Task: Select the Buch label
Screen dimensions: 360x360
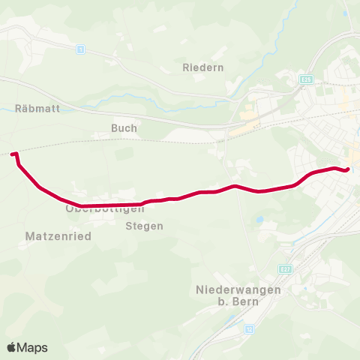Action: pyautogui.click(x=124, y=128)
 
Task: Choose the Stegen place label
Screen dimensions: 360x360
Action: pyautogui.click(x=145, y=226)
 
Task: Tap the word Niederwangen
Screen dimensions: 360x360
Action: pyautogui.click(x=238, y=289)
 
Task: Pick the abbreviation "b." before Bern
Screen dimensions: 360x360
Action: pyautogui.click(x=223, y=301)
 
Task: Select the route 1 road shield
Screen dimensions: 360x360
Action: pyautogui.click(x=79, y=49)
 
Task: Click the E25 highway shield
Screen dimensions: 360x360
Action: pyautogui.click(x=306, y=79)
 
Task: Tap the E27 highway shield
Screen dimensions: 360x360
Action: pyautogui.click(x=284, y=268)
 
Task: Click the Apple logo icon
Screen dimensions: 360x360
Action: pyautogui.click(x=12, y=347)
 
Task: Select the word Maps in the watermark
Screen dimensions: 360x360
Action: pyautogui.click(x=33, y=348)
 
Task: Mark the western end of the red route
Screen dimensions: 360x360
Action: pyautogui.click(x=13, y=153)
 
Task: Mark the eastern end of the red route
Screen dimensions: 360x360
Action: pyautogui.click(x=348, y=169)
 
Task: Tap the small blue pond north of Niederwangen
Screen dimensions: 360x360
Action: pyautogui.click(x=259, y=220)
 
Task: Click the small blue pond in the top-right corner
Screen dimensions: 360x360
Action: pyautogui.click(x=344, y=13)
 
